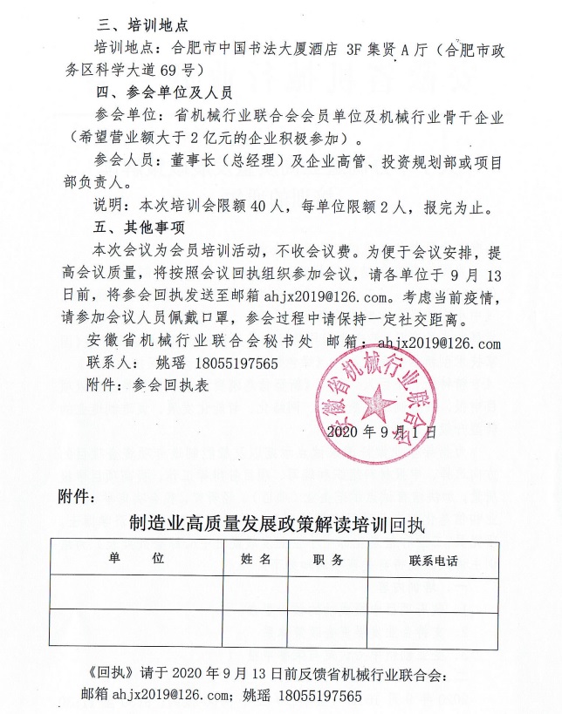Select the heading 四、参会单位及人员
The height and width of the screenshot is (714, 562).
coord(162,90)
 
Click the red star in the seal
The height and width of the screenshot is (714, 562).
coord(378,403)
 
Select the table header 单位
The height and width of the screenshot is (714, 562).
coord(136,559)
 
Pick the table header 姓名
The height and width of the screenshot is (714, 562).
coord(256,559)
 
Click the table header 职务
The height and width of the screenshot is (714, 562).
coord(328,560)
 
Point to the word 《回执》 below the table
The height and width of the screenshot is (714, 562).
coord(107,677)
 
